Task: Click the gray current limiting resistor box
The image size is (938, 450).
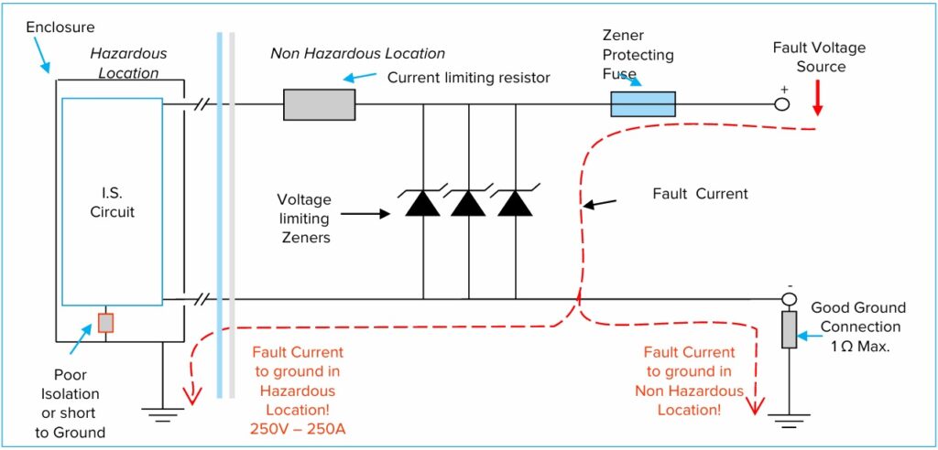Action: pos(319,104)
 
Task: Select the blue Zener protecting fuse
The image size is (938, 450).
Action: pos(643,104)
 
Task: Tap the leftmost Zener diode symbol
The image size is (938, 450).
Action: pos(422,203)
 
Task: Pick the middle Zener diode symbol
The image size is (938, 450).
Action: pos(468,203)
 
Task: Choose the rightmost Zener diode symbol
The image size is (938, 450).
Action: pos(515,203)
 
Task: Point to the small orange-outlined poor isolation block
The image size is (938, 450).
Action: pos(105,323)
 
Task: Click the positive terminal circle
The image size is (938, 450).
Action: pos(781,104)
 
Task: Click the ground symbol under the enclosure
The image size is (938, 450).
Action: pos(162,413)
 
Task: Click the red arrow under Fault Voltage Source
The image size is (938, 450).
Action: pos(817,100)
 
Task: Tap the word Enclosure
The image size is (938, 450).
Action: pos(60,27)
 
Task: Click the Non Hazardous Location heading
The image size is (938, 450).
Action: pos(357,53)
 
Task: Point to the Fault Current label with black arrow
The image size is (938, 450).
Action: pos(700,194)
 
